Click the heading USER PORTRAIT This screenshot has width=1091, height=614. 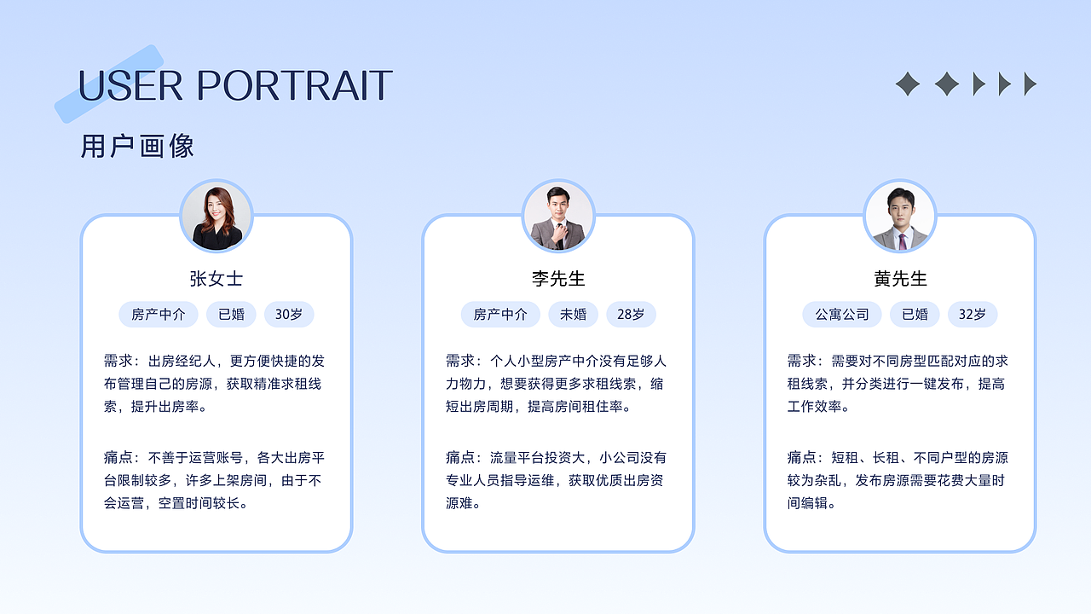coord(235,85)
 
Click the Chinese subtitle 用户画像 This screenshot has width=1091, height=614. coord(137,146)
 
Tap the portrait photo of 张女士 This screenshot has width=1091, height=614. coord(216,217)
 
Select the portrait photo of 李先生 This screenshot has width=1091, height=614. coord(558,217)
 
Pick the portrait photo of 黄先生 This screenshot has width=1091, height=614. coord(900,217)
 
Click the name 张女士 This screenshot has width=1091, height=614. coord(216,279)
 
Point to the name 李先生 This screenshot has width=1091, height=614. coord(558,279)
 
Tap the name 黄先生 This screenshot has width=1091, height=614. coord(900,279)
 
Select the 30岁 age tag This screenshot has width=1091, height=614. coord(289,314)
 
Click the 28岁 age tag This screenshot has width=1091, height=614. coord(631,314)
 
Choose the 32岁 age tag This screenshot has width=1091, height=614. coord(973,314)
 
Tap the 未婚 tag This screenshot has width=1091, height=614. coord(573,314)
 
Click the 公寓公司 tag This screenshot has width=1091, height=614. coord(842,314)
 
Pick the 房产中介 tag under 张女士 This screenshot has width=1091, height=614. coord(159,314)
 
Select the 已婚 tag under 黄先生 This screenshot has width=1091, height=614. coord(915,314)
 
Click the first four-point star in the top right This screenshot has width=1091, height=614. coord(908,84)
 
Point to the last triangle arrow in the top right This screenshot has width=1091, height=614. coord(1030,84)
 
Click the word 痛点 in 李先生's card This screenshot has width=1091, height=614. coord(459,458)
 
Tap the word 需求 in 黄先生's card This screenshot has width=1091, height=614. coord(801,361)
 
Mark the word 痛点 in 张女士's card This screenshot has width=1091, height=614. coord(118,458)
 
